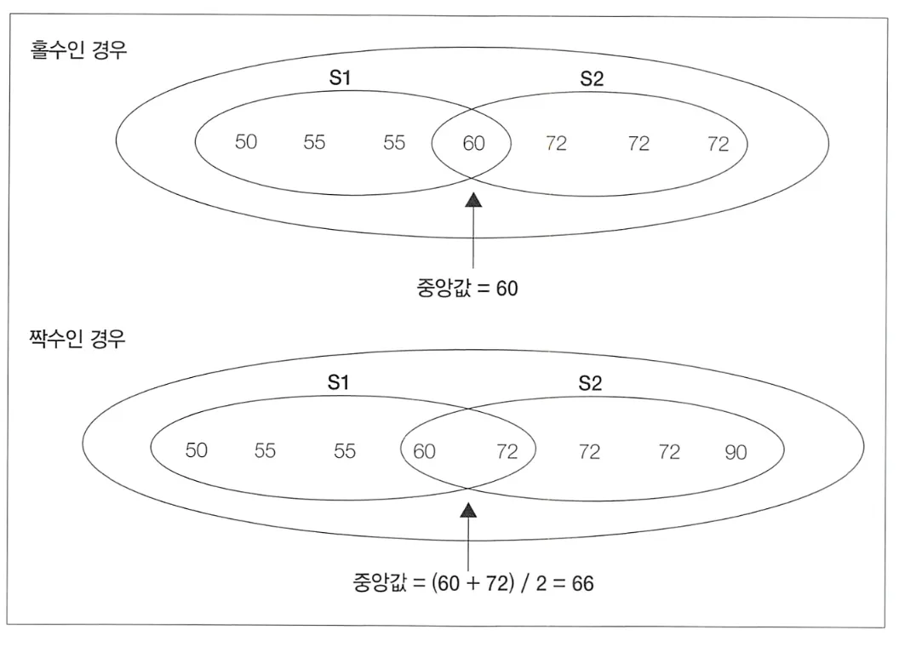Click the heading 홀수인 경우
coord(79,49)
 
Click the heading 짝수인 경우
coord(77,341)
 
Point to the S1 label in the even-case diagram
coord(339,382)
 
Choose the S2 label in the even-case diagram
coord(590,382)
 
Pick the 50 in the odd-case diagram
coord(246,142)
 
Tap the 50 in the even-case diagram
coord(197,450)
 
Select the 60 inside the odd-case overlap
coord(473,143)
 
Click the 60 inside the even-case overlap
coord(424,451)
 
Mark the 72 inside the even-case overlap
coord(507,451)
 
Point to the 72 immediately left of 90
coord(669,451)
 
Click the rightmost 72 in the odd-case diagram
coord(719,143)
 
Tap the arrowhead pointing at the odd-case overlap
coord(472,199)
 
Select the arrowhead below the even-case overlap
coord(468,509)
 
